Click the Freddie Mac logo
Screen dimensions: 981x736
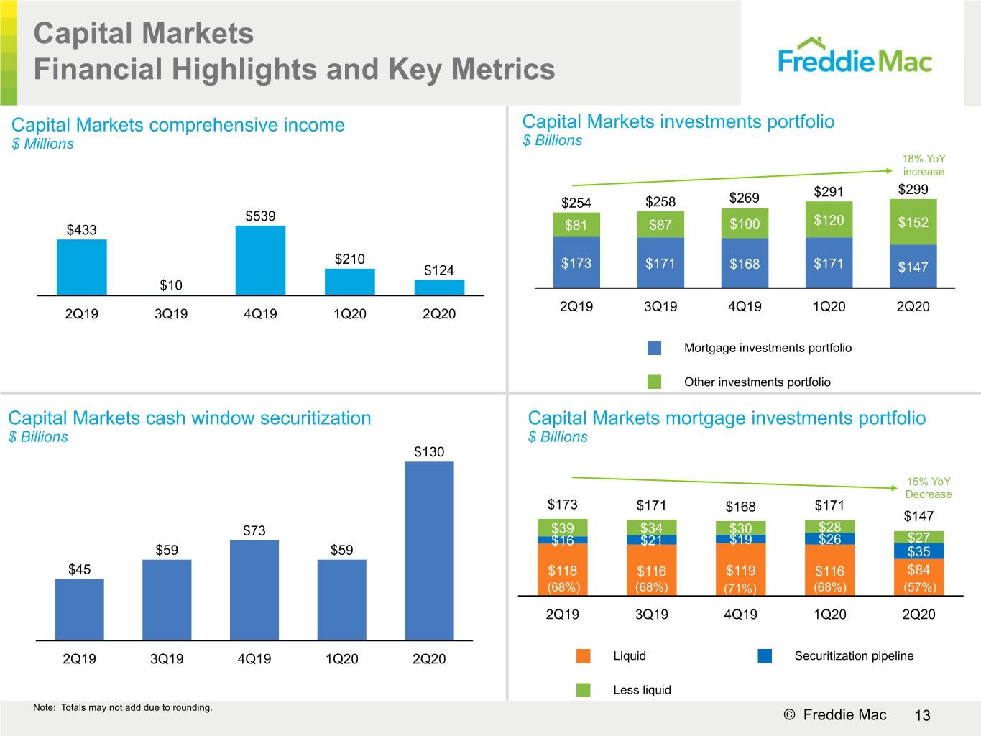tap(855, 56)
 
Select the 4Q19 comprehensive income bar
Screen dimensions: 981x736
tap(260, 260)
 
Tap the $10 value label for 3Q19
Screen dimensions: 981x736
tap(171, 285)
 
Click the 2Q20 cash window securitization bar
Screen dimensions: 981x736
tap(429, 551)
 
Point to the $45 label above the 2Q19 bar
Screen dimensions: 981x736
tap(80, 569)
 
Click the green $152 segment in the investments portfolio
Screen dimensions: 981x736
tap(913, 222)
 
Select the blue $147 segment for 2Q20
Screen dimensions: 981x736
tap(913, 267)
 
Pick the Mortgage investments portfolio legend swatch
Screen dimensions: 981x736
tap(654, 348)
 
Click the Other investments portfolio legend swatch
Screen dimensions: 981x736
tap(654, 382)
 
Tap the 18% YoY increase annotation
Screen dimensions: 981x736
tap(924, 165)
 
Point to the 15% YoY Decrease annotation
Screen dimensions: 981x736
tap(929, 487)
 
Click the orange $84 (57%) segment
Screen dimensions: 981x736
tap(919, 577)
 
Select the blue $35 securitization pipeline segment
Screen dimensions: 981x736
tap(919, 551)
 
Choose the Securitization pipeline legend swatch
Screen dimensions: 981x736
tap(765, 655)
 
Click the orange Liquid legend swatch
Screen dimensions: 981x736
tap(584, 655)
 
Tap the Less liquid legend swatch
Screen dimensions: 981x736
tap(584, 689)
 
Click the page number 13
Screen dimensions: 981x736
tap(923, 715)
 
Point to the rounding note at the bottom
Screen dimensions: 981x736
tap(122, 707)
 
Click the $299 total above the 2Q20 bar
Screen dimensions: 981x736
tap(913, 190)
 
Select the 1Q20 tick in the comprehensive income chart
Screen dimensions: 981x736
tap(349, 313)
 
